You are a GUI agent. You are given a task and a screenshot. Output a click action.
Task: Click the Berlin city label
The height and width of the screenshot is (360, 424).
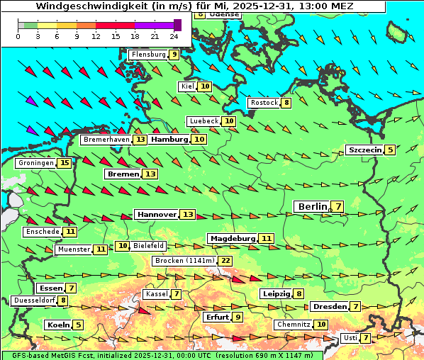pyautogui.click(x=312, y=206)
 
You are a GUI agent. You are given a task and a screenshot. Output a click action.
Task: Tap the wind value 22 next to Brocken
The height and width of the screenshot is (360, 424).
pyautogui.click(x=225, y=261)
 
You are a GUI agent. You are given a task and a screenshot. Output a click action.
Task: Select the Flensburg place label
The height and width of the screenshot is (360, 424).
pyautogui.click(x=147, y=54)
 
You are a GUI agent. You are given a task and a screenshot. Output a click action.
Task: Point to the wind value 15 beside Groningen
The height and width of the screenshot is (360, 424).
pyautogui.click(x=65, y=163)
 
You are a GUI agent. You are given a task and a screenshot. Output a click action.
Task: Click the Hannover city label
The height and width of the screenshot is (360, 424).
pyautogui.click(x=157, y=214)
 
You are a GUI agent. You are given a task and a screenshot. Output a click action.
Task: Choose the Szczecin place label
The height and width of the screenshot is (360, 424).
pyautogui.click(x=364, y=150)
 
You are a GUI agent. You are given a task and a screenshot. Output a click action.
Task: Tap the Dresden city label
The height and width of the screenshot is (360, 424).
pyautogui.click(x=329, y=306)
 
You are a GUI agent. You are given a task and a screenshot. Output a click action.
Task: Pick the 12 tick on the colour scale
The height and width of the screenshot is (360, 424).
pyautogui.click(x=96, y=35)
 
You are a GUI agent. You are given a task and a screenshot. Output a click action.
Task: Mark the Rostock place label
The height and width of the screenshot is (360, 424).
pyautogui.click(x=264, y=103)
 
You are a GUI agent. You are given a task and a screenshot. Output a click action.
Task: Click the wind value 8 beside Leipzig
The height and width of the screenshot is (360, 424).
pyautogui.click(x=299, y=294)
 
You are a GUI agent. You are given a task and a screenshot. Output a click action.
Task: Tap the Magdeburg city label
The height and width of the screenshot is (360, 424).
pyautogui.click(x=232, y=238)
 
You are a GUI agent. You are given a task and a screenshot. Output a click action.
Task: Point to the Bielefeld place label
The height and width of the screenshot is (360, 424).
pyautogui.click(x=149, y=245)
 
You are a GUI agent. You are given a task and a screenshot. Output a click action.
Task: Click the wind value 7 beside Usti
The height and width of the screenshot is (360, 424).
pyautogui.click(x=365, y=338)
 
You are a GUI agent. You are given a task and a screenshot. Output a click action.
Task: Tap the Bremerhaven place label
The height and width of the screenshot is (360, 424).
pyautogui.click(x=106, y=140)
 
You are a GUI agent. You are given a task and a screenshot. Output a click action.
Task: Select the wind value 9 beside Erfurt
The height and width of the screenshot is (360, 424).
pyautogui.click(x=238, y=317)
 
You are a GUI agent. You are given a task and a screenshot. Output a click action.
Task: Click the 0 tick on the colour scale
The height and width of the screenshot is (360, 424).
pyautogui.click(x=18, y=35)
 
